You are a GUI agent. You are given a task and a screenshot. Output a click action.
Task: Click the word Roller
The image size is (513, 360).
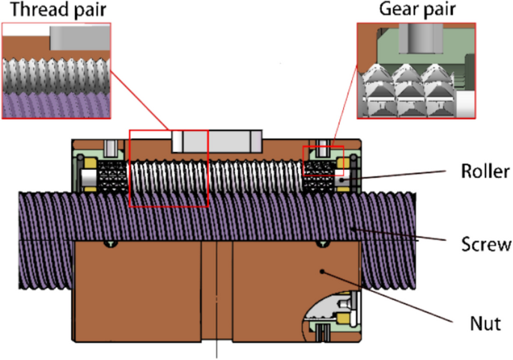pos(485,172)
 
